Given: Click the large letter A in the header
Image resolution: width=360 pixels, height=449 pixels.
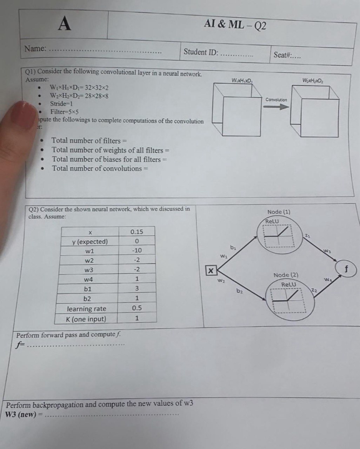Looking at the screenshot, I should coord(65,24).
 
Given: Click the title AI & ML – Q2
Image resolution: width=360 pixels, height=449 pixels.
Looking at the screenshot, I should coord(235,25).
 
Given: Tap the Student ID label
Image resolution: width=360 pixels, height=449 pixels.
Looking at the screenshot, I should coord(201,52).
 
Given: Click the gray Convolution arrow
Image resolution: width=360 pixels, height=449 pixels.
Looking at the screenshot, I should coord(276,106).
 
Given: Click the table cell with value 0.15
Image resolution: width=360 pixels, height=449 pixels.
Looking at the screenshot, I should coord(137,232).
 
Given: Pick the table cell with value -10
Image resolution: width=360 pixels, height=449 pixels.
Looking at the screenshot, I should coord(137,250).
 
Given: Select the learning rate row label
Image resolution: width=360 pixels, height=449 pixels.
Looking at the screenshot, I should coord(86,309).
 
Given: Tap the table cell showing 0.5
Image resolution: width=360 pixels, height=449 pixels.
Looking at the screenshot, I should coord(137,308).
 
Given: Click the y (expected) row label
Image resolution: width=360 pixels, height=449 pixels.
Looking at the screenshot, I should coord(90,242).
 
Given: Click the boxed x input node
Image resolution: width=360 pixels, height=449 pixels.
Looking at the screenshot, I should coord(210,270).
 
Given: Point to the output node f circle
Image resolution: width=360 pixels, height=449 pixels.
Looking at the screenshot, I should coord(347,269).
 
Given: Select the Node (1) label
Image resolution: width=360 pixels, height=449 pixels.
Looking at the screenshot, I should coord(279,212).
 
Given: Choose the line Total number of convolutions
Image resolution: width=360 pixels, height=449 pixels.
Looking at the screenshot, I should coord(100,168).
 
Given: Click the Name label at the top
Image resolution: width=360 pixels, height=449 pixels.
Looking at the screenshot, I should coord(35,48).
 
